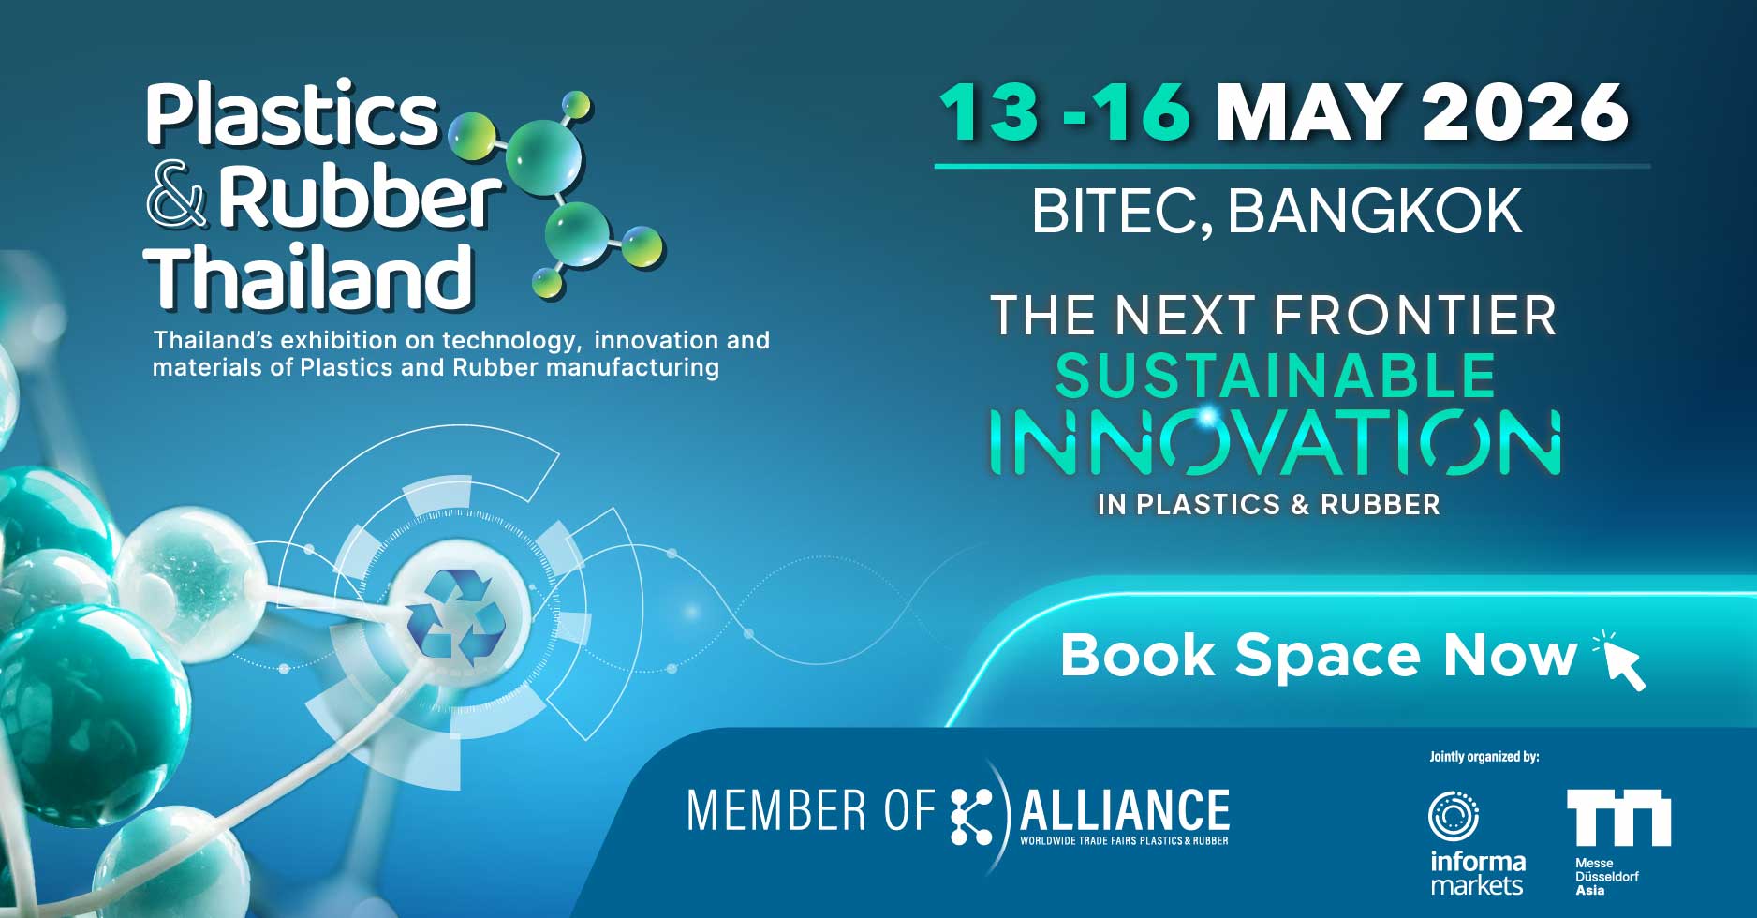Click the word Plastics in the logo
coord(292,114)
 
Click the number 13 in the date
coord(989,111)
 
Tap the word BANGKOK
coord(1375,212)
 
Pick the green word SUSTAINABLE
coord(1276,377)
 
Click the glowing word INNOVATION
coord(1276,441)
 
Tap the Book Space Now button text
coord(1319,655)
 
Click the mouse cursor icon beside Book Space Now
coord(1620,661)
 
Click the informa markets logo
coord(1478,843)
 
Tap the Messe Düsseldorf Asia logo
coord(1618,843)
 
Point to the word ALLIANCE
coord(1124,810)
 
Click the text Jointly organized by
coord(1484,757)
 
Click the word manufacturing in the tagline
coord(632,367)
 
